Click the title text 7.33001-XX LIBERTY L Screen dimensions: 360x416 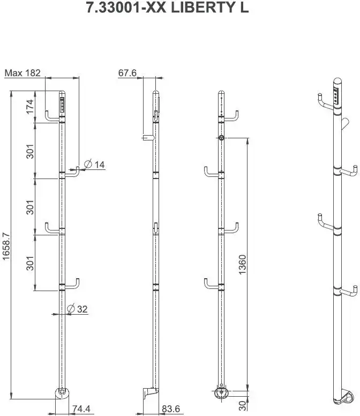coord(167,7)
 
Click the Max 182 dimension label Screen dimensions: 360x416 coord(22,73)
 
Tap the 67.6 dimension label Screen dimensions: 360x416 coord(127,73)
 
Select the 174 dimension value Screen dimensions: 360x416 coord(30,107)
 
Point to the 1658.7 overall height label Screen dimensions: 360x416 coord(6,247)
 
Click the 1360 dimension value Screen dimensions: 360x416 coord(242,264)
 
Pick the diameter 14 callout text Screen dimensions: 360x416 coord(94,164)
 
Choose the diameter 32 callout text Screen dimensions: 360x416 coord(77,309)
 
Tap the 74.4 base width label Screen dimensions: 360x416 coord(81,409)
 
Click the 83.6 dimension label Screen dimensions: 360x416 coord(171,409)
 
